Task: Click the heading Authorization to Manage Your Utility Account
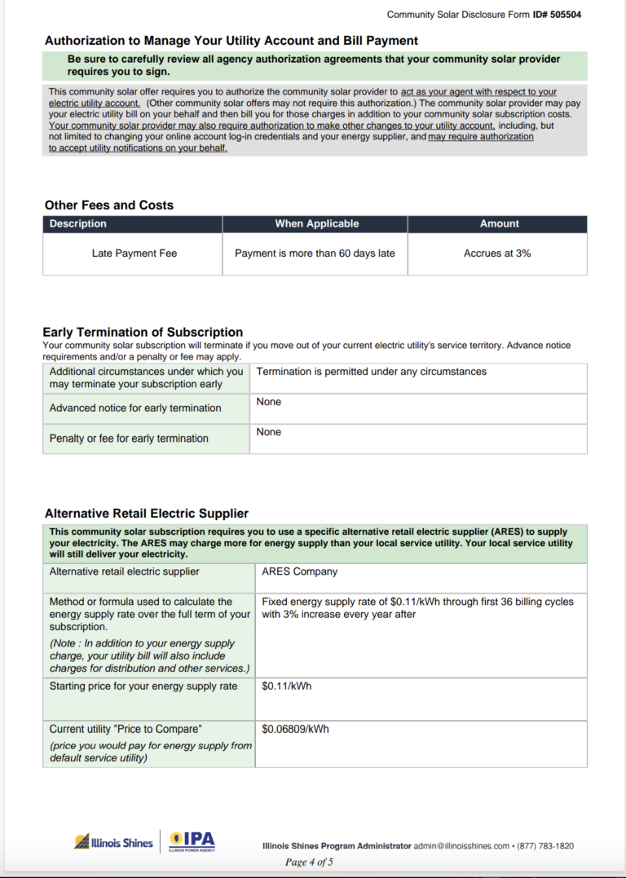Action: [231, 41]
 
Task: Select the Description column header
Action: [78, 223]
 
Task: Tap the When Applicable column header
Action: [316, 223]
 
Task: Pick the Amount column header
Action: [499, 223]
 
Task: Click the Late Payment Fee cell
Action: [134, 254]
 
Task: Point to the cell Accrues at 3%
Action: [497, 254]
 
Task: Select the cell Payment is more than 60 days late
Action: [315, 254]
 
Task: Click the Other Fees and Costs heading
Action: [108, 205]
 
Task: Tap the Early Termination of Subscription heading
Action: [143, 333]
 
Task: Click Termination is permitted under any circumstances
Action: [371, 372]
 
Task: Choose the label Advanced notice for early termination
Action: [135, 408]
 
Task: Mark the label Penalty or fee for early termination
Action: [129, 439]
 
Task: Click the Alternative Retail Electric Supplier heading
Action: [147, 514]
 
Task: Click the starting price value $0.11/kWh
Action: [286, 686]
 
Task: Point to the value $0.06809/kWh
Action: [295, 729]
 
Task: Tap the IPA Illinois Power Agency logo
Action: [192, 841]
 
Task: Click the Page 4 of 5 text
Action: [309, 862]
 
